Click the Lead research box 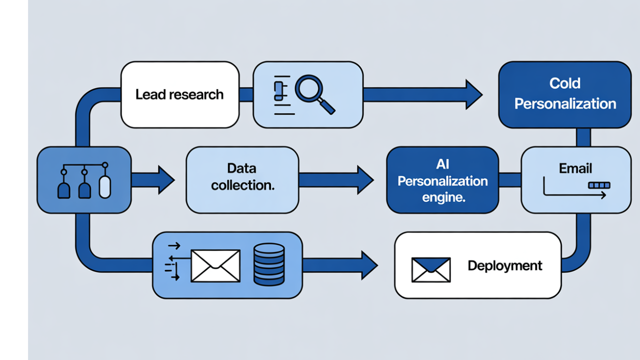coord(180,94)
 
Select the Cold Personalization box coord(565,94)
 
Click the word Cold coord(564,83)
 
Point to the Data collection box coord(242,179)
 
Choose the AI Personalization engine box coord(442,180)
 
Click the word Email coord(575,168)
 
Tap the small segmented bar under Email coord(599,185)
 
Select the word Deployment coord(504,265)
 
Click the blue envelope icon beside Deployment coord(431,269)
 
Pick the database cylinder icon coord(269,264)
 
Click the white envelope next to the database coord(215,265)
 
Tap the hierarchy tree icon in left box coord(84,180)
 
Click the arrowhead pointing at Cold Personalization coord(473,94)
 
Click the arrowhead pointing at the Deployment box coord(369,265)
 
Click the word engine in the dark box coord(443,197)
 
